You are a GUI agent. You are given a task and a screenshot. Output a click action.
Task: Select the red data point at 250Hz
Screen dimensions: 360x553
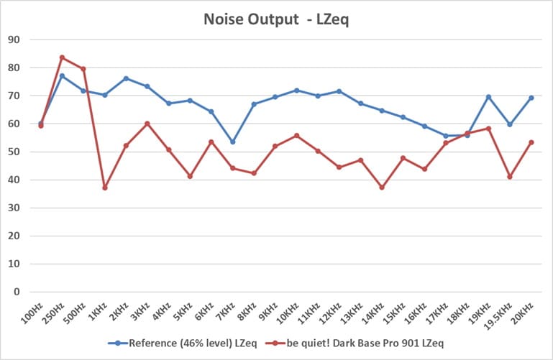[x=62, y=57]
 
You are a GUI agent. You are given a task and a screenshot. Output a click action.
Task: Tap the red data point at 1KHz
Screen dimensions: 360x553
[x=105, y=188]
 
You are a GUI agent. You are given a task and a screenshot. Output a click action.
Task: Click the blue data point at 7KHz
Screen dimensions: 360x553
[x=232, y=142]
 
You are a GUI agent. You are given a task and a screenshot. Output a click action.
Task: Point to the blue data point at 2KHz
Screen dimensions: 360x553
[x=126, y=78]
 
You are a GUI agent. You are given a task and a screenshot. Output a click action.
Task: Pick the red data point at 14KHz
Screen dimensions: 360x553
[x=382, y=187]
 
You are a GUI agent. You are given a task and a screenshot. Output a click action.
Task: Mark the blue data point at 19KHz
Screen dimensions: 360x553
[x=488, y=97]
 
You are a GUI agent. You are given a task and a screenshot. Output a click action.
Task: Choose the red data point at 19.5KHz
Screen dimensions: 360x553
[x=510, y=177]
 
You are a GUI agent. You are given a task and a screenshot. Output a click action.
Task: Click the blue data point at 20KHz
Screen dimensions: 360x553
[x=531, y=98]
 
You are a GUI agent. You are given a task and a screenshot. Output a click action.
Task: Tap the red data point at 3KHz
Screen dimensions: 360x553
[x=147, y=124]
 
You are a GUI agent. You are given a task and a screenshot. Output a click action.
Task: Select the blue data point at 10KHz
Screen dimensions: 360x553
[x=296, y=91]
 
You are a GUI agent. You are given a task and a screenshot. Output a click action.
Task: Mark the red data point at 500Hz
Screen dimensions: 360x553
[x=83, y=69]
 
